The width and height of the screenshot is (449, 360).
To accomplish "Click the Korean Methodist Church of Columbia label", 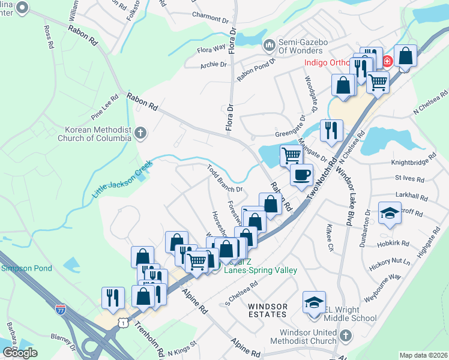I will point(98,134).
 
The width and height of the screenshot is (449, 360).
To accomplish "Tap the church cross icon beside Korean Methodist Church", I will point(140,133).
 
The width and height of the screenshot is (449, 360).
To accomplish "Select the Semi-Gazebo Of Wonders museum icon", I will point(269,45).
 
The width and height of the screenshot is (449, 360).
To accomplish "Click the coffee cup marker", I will point(301,176).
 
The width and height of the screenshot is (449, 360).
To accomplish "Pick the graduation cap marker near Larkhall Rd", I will point(390,214).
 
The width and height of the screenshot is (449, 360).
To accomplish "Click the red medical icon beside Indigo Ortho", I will point(387,61).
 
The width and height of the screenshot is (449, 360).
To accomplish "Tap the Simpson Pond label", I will point(26,268).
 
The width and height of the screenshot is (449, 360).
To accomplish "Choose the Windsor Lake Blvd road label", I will point(344,194).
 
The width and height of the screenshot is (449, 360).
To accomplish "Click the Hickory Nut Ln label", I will point(390,262).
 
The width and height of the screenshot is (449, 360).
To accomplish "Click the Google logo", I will point(20,352).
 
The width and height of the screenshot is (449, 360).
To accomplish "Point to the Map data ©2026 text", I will point(424,355).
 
